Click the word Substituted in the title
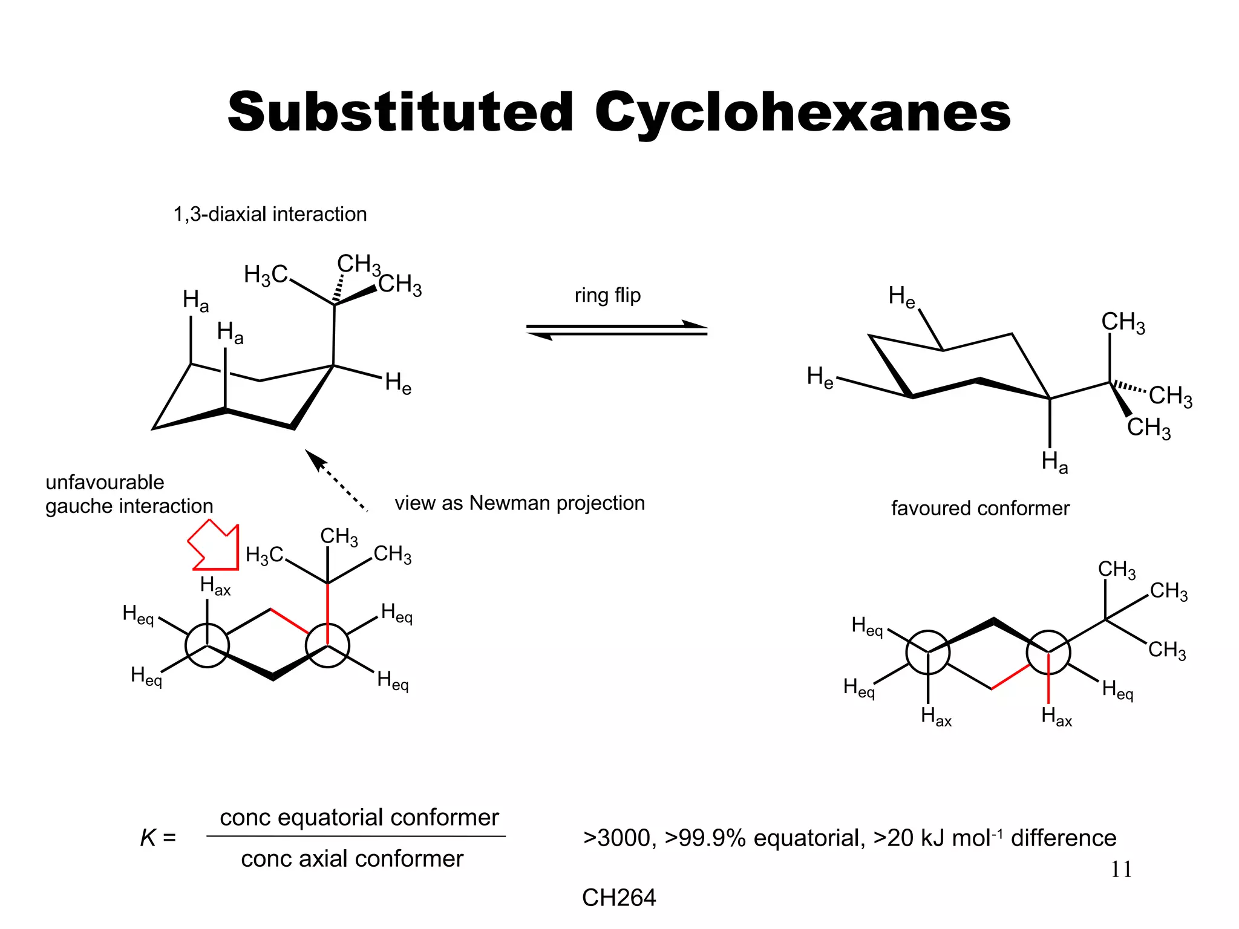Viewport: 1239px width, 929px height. (x=400, y=112)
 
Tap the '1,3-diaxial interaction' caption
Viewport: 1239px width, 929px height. (x=270, y=214)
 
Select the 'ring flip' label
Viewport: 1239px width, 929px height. (x=607, y=295)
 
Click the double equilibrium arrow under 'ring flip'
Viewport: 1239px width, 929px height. (x=616, y=330)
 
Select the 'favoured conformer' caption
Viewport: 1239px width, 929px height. (x=980, y=508)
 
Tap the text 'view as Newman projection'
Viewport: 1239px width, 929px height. (x=520, y=503)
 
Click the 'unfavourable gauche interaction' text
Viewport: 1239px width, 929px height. (x=129, y=494)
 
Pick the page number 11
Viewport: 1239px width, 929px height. (x=1121, y=869)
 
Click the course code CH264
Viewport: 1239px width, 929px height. (x=618, y=898)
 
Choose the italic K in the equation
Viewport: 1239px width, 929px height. (x=148, y=838)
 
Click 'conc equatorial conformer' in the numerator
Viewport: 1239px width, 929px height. (x=359, y=818)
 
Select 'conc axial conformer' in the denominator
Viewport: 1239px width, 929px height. (x=352, y=859)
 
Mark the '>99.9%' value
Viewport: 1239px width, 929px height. (x=705, y=838)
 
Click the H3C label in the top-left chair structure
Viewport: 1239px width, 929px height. (x=265, y=275)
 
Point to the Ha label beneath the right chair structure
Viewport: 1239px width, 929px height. (x=1054, y=462)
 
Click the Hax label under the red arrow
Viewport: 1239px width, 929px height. (x=215, y=586)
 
